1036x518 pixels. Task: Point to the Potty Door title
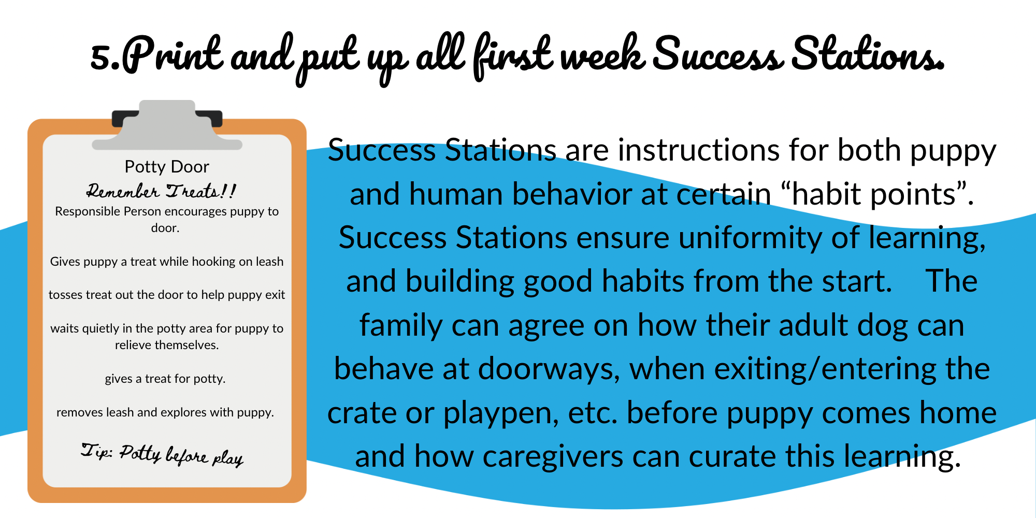click(x=167, y=167)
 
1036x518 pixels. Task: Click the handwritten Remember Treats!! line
click(x=161, y=191)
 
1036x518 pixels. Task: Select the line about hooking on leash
click(x=167, y=262)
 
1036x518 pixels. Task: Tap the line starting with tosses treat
click(x=167, y=295)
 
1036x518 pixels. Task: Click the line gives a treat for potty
click(x=165, y=379)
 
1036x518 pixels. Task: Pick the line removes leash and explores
click(x=165, y=412)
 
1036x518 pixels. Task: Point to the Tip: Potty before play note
click(x=162, y=455)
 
